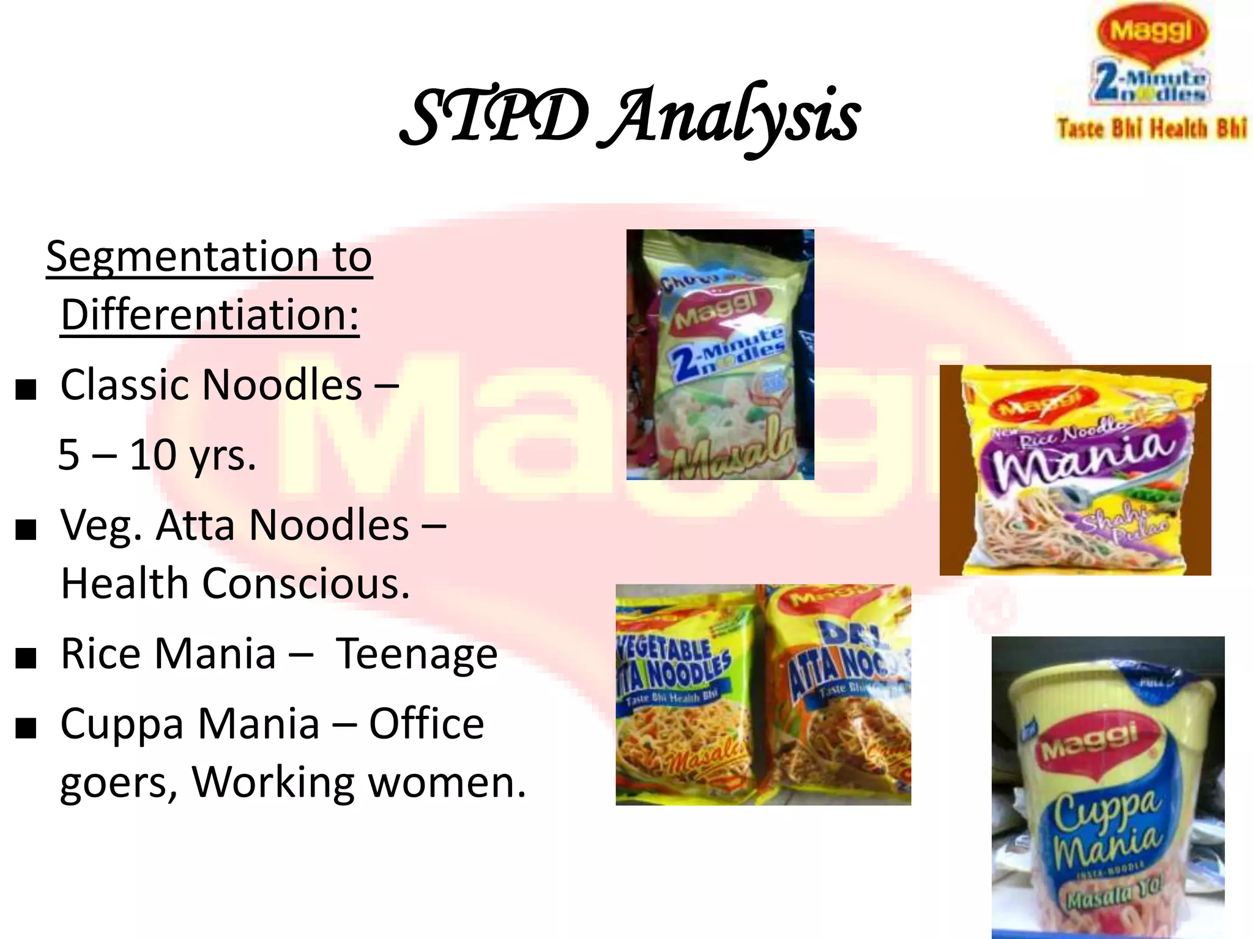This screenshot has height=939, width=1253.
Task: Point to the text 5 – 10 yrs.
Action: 157,455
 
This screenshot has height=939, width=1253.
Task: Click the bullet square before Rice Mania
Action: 26,660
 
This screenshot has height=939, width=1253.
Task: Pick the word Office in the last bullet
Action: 426,724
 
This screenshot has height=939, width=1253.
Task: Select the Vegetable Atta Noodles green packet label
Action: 673,666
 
